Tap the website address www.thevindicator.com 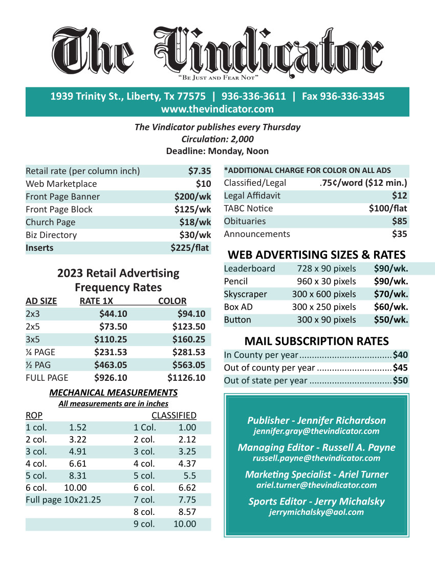(217, 109)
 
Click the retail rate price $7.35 (199, 171)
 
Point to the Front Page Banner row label (62, 197)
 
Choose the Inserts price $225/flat (190, 248)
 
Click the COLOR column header (172, 301)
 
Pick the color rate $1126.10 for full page (186, 378)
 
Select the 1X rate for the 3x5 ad (111, 339)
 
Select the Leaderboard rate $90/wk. (390, 268)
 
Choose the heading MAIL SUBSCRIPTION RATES (316, 341)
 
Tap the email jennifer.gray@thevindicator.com (316, 431)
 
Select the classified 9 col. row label (144, 524)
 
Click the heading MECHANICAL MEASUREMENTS (113, 393)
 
